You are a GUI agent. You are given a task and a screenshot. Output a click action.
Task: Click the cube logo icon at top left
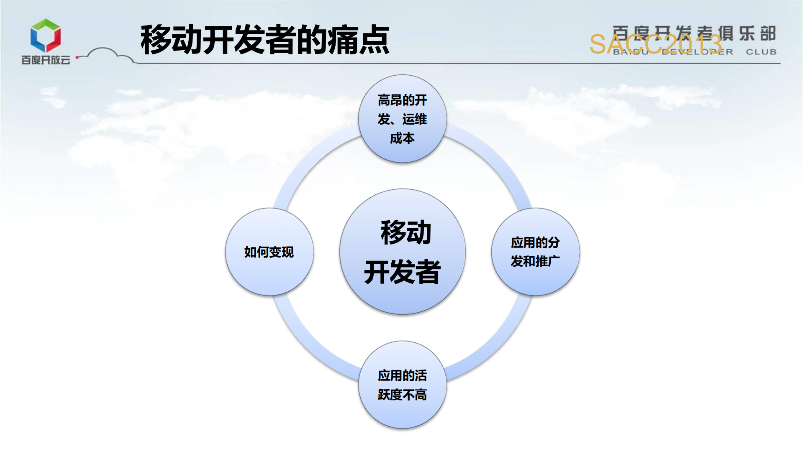(x=46, y=36)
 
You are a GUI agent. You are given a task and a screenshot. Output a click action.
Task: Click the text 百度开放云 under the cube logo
(x=46, y=60)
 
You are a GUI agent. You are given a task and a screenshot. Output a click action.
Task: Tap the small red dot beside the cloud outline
(x=77, y=57)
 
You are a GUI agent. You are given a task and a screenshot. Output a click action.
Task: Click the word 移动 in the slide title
(x=171, y=40)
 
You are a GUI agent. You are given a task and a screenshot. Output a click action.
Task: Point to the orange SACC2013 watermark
(x=655, y=44)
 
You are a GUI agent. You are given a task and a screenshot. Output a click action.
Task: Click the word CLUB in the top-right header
(x=761, y=52)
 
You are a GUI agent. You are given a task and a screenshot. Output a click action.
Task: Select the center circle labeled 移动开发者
(x=402, y=251)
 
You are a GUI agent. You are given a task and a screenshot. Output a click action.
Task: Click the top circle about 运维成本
(x=402, y=119)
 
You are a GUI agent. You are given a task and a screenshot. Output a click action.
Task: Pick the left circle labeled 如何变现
(x=269, y=252)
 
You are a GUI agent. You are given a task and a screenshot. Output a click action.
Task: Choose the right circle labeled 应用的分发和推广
(x=535, y=252)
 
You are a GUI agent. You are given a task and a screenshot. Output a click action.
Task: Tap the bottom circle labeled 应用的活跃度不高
(x=402, y=385)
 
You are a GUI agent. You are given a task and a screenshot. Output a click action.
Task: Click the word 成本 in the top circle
(x=402, y=138)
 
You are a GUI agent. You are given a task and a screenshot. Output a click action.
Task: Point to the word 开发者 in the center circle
(x=402, y=272)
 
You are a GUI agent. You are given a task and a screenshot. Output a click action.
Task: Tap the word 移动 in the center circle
(x=405, y=232)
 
